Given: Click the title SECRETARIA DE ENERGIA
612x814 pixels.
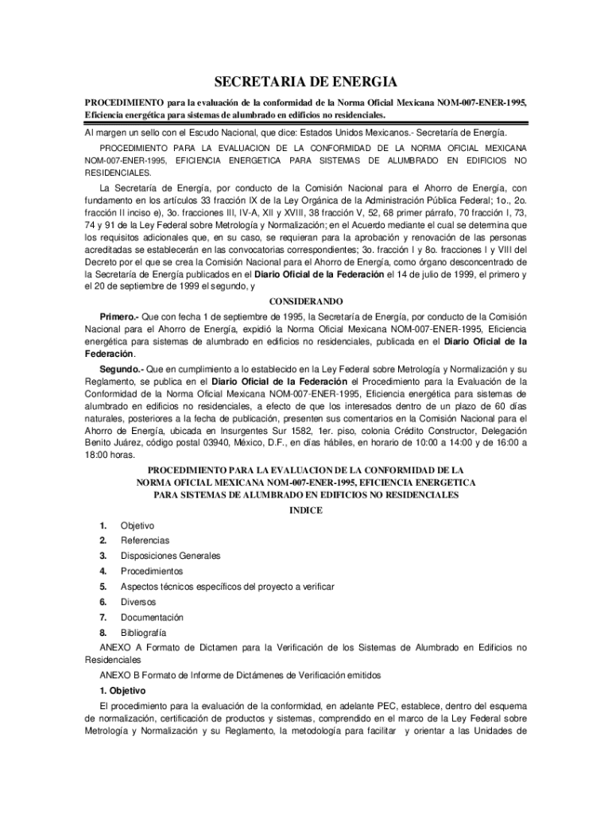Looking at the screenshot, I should pos(306,83).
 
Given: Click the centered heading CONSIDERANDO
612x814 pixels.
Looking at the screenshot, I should pos(306,301).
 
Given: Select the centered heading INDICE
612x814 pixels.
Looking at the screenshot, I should pos(306,510).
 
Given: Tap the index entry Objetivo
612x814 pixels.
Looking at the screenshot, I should pos(138,525).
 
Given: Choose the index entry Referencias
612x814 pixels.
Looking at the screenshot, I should pos(145,541).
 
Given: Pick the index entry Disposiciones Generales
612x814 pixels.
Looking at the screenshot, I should pos(170,556).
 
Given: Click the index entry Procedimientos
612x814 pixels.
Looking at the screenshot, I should pos(152,571).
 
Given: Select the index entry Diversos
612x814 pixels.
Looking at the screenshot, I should pos(139,602).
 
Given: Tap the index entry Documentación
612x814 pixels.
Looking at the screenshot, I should pos(152,617).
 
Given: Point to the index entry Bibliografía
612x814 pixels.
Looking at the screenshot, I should pos(143,633).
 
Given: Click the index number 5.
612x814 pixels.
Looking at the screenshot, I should pos(103,587).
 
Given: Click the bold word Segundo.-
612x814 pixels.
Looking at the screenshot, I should pos(122,369).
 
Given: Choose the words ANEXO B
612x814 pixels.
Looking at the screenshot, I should pos(118,674).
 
